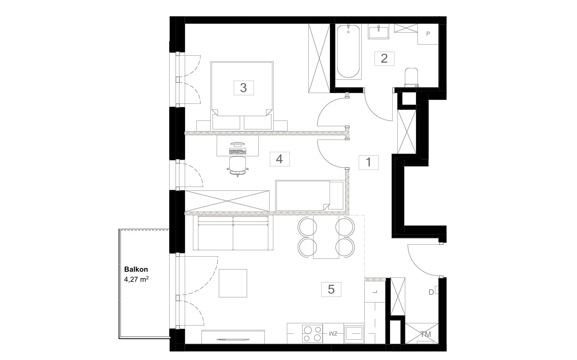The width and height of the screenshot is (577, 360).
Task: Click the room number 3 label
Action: (x=243, y=88)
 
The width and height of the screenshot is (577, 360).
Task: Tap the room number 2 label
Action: (x=384, y=59)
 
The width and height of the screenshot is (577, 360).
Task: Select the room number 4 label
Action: (x=279, y=159)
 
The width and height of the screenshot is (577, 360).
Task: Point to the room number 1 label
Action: (x=368, y=162)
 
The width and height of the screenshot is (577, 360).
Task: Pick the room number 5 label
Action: (x=331, y=289)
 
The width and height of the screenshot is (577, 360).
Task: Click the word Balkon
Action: (x=136, y=270)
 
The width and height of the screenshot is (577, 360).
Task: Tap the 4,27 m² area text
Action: (x=136, y=280)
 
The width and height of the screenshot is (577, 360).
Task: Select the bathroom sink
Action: (x=379, y=33)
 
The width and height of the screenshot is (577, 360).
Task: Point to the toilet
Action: (x=411, y=77)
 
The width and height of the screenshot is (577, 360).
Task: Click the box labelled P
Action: (x=428, y=34)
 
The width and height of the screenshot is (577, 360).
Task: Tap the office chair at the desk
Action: (x=237, y=166)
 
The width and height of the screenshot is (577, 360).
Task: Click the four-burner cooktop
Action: (x=312, y=334)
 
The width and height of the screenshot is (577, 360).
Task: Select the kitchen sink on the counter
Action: (x=354, y=334)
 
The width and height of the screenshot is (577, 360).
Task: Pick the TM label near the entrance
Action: (x=426, y=334)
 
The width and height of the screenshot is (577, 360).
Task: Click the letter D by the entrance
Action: (x=431, y=293)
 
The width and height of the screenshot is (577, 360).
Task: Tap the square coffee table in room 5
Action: (x=233, y=283)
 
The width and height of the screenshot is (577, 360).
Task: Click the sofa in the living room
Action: (x=233, y=233)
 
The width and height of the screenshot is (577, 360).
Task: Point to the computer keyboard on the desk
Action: (x=238, y=152)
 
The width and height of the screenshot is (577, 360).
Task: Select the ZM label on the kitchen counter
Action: (x=333, y=333)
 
